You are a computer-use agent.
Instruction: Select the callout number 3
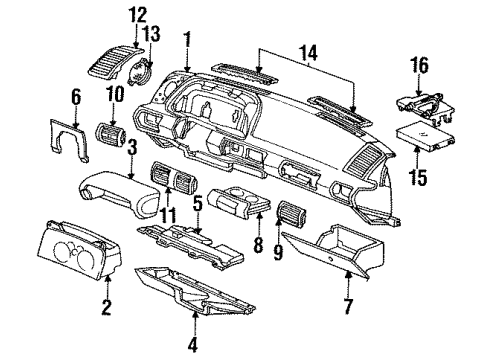pyautogui.click(x=131, y=147)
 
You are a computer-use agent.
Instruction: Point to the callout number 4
pyautogui.click(x=194, y=349)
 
